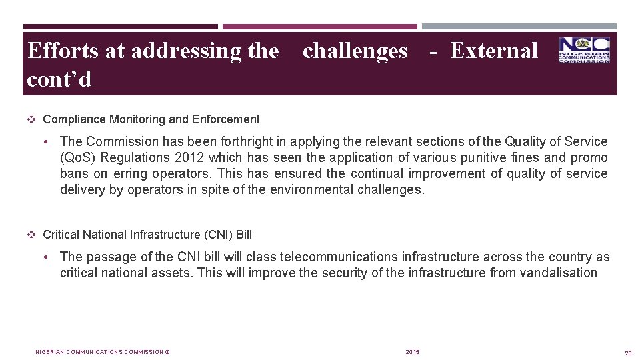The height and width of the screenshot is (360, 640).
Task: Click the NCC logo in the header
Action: (584, 50)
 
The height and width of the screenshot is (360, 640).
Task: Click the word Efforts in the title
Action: (63, 51)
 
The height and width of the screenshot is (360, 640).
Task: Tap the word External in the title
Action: (494, 51)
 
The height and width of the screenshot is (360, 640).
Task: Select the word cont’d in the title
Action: (59, 79)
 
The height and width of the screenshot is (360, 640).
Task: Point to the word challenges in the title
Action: (355, 51)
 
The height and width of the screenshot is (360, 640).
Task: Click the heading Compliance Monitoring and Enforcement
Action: (151, 119)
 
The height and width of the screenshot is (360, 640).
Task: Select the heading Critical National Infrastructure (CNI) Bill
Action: (147, 235)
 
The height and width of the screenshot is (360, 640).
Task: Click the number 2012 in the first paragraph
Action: (189, 158)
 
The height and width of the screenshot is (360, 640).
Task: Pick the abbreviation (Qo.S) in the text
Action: (79, 158)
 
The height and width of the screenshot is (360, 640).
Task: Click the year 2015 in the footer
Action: (413, 352)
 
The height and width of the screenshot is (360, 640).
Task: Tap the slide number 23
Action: (627, 353)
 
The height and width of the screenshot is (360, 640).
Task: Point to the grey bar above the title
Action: (519, 27)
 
